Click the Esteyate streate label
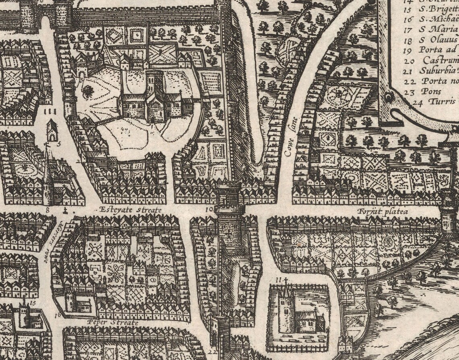(130, 210)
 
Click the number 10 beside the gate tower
(209, 210)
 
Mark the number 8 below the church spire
(48, 209)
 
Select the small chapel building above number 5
(51, 130)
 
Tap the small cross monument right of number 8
(65, 210)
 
